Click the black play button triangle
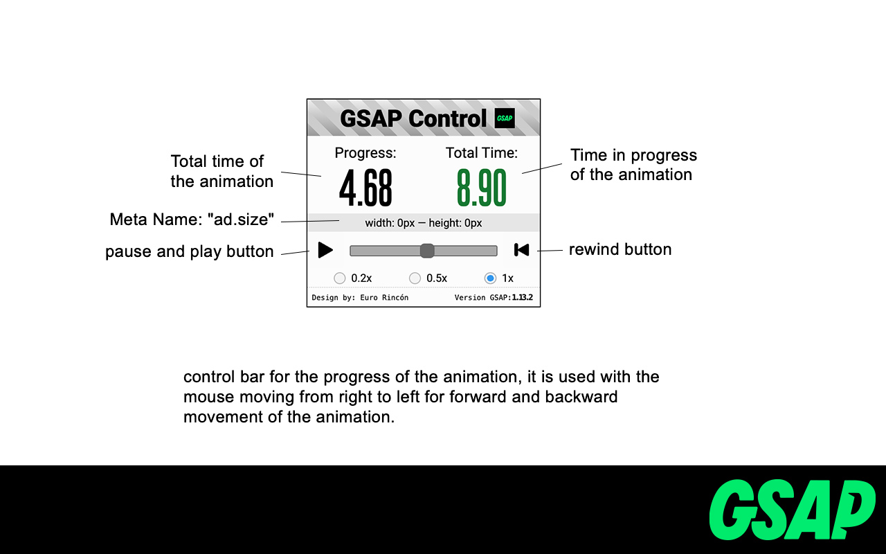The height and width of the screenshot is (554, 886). point(325,250)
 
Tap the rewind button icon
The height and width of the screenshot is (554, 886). point(522,250)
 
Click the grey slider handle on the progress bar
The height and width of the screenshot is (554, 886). point(427,251)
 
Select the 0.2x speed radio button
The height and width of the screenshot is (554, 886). point(340,278)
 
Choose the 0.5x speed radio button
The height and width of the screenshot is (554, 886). point(415,278)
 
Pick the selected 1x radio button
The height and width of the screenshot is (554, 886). point(491,278)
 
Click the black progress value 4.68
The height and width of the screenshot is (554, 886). point(365,188)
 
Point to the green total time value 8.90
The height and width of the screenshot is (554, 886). point(482,188)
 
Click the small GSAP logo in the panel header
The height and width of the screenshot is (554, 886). point(505,118)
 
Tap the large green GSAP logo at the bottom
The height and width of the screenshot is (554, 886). point(792,510)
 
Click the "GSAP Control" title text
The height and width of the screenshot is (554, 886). point(413,118)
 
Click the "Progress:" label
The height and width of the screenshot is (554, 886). point(365,153)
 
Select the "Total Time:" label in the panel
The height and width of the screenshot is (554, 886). point(482,153)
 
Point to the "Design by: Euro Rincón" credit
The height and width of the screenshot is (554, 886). point(360,298)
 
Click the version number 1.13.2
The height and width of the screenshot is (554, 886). point(523,298)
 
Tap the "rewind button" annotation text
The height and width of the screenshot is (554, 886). point(620,249)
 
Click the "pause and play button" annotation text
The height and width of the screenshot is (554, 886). point(190,251)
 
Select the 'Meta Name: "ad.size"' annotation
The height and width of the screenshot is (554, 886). point(192,220)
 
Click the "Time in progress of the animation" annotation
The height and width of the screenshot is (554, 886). point(633,165)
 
